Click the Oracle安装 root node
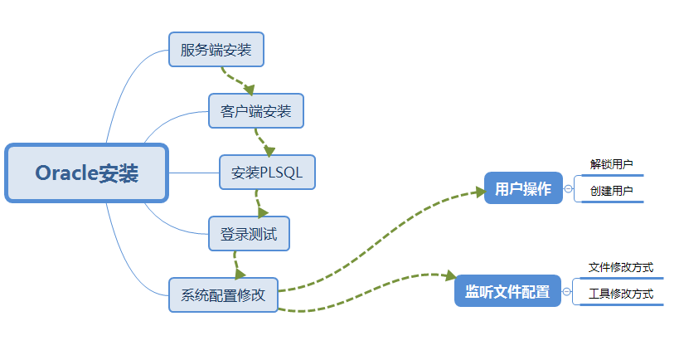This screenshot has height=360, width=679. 86,173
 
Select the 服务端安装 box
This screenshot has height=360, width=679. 216,50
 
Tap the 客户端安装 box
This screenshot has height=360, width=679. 256,111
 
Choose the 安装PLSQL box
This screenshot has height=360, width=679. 267,173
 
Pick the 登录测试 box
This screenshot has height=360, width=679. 249,234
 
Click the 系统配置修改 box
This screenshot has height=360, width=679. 223,295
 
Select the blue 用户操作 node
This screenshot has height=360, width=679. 523,188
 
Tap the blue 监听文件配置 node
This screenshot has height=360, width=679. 507,291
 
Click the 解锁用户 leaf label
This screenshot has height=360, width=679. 612,164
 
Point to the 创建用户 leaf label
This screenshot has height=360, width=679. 612,191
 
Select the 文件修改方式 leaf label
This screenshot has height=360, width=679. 620,267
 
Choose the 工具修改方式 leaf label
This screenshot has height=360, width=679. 620,294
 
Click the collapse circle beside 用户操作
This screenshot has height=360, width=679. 568,189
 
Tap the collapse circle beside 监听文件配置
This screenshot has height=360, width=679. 566,291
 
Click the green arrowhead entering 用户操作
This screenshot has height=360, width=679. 480,192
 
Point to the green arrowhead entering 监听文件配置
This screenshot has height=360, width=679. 450,275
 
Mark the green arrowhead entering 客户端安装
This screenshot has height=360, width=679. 249,90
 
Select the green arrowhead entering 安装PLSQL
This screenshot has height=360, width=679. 269,151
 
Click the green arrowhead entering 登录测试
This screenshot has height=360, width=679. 263,212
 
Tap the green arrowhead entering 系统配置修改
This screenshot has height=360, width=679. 240,274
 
